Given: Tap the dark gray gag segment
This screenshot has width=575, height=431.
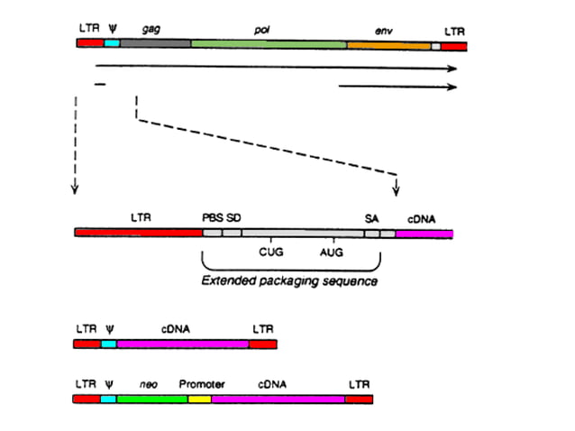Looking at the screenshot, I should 155,43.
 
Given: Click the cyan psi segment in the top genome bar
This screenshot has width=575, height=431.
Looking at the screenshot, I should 112,43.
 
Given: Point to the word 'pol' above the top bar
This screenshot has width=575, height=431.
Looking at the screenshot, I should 262,29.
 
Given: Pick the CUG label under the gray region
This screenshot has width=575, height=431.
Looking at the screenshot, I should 270,252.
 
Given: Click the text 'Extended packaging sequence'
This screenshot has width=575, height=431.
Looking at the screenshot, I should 288,281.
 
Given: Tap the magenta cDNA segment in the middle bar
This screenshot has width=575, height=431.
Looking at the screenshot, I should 424,233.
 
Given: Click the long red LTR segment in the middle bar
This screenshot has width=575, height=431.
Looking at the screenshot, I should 139,233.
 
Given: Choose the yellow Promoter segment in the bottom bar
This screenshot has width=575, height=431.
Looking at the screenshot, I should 199,398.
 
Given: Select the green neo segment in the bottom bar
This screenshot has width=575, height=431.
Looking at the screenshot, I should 152,398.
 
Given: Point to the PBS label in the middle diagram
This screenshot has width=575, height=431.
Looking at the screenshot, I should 213,217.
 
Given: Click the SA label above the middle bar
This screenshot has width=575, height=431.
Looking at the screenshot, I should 371,217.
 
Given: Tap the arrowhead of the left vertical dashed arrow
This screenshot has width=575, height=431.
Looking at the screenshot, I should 75,189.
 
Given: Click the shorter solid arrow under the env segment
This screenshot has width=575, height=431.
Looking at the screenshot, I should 397,87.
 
